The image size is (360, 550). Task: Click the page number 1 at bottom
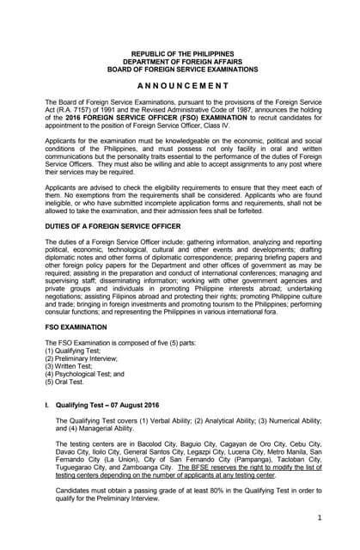(318, 518)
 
